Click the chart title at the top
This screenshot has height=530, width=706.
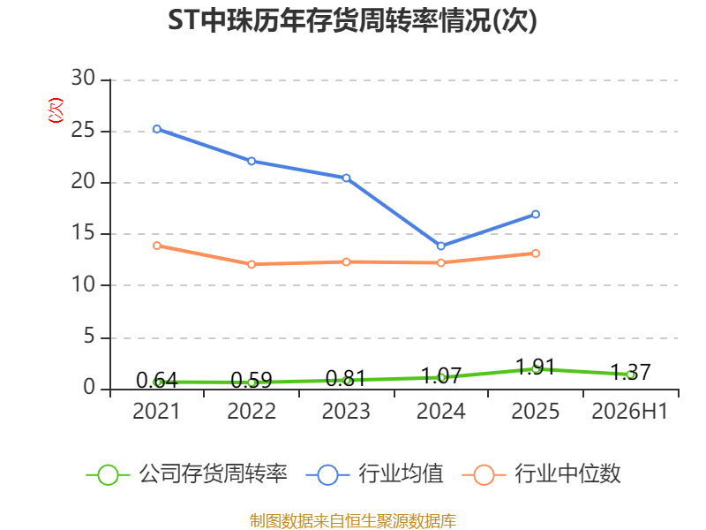coord(352,20)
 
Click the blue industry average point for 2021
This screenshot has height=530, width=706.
coord(157,129)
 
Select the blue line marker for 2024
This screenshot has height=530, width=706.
coord(440,246)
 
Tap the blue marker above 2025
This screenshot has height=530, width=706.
coord(536,214)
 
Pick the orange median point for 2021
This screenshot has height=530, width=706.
coord(157,246)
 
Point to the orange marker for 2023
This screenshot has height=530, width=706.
coord(346,261)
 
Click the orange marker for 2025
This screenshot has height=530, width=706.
coord(536,254)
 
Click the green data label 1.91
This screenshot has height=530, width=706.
coord(535,367)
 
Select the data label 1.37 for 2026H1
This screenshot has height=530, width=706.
coord(630,372)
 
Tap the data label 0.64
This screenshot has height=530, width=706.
coord(157,381)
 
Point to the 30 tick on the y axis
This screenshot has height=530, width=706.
coord(83,78)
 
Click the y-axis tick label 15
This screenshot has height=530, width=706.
coord(83,232)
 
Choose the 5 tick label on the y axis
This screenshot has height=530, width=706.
coord(89,337)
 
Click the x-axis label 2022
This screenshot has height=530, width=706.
coord(252,411)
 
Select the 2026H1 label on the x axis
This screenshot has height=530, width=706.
coord(629,411)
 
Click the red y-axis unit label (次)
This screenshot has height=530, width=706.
coord(56,110)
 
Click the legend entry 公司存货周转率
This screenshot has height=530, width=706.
coord(187,474)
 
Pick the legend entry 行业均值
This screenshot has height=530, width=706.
coord(374,474)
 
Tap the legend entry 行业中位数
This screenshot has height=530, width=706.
coord(542,474)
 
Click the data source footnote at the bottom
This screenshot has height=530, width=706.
coord(353,521)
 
